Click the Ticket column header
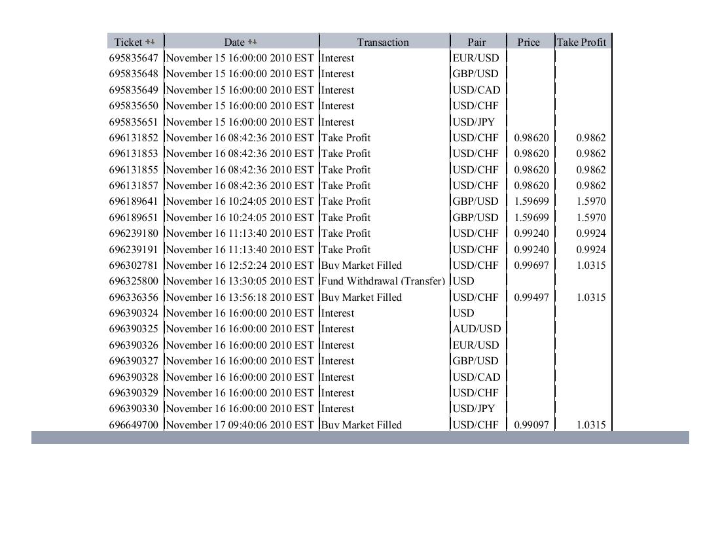[128, 42]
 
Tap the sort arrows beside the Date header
[253, 42]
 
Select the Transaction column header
[383, 42]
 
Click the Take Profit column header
[581, 42]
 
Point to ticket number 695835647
[134, 58]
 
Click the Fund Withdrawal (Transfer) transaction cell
[383, 281]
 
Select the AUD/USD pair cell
[477, 329]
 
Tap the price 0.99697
[531, 266]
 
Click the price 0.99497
[531, 298]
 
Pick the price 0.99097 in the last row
[531, 425]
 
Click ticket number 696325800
[134, 281]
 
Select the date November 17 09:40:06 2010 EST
[240, 425]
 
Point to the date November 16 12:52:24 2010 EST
[240, 266]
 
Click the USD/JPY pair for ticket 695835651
[474, 122]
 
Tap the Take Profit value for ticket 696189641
[590, 201]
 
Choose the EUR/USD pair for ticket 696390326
[476, 345]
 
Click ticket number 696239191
[134, 250]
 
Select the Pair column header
[477, 42]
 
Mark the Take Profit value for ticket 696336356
[590, 298]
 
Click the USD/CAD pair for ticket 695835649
[476, 90]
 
